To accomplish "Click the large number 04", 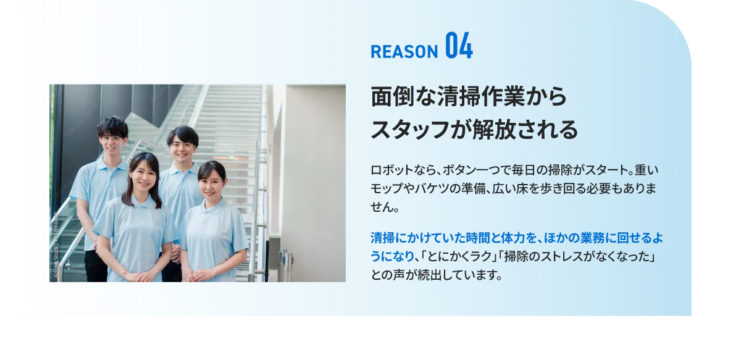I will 459,47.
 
